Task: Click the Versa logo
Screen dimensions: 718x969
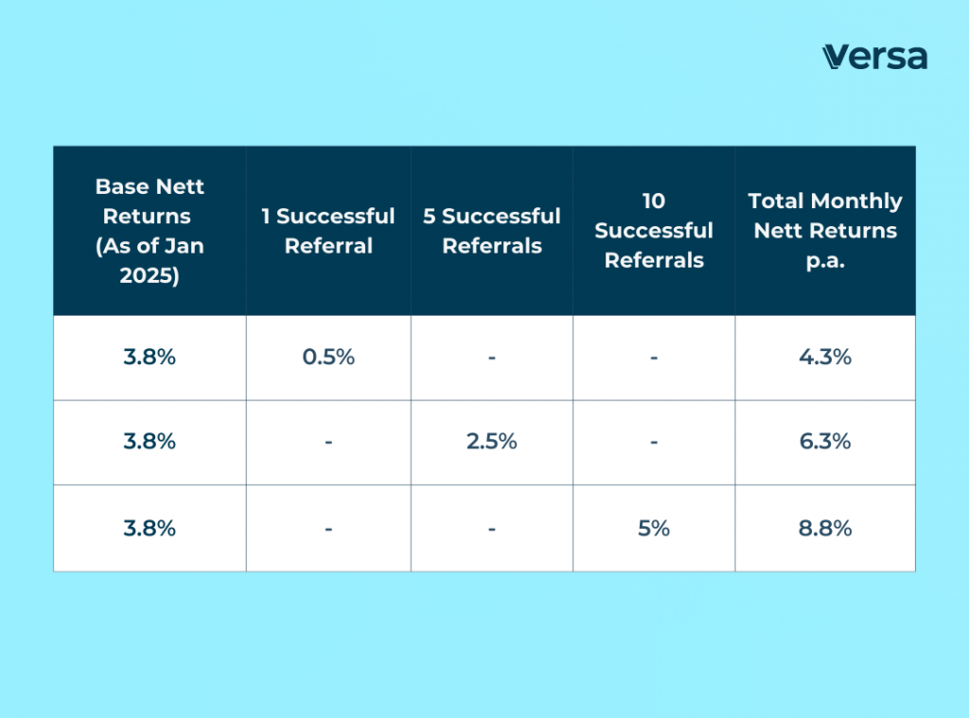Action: click(x=873, y=57)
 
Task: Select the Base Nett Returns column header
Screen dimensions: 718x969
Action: click(x=150, y=231)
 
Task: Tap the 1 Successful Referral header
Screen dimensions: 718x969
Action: click(x=328, y=231)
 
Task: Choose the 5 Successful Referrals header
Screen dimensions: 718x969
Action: click(x=492, y=231)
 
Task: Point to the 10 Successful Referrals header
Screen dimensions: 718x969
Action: click(x=654, y=231)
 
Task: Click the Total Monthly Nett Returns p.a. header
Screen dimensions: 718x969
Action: click(x=825, y=231)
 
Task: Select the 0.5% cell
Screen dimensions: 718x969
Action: click(x=328, y=358)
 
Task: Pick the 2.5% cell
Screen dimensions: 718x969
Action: click(x=492, y=442)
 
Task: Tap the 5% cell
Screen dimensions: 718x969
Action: click(x=654, y=528)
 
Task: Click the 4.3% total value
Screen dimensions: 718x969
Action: click(x=825, y=358)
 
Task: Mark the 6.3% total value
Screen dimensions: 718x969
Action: click(x=825, y=442)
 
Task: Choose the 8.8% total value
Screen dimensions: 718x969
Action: click(x=825, y=528)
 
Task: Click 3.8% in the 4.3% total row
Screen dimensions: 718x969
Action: click(x=150, y=358)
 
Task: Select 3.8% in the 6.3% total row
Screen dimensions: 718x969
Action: click(x=150, y=442)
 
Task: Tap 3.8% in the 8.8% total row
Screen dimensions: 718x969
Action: click(x=150, y=528)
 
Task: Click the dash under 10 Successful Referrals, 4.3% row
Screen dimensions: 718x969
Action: click(x=654, y=359)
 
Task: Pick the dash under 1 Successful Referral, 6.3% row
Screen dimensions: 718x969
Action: click(x=328, y=443)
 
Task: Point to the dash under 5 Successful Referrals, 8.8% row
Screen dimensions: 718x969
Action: click(x=492, y=529)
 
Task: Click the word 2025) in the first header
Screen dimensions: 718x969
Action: click(x=150, y=276)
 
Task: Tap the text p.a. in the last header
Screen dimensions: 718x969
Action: click(x=825, y=261)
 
